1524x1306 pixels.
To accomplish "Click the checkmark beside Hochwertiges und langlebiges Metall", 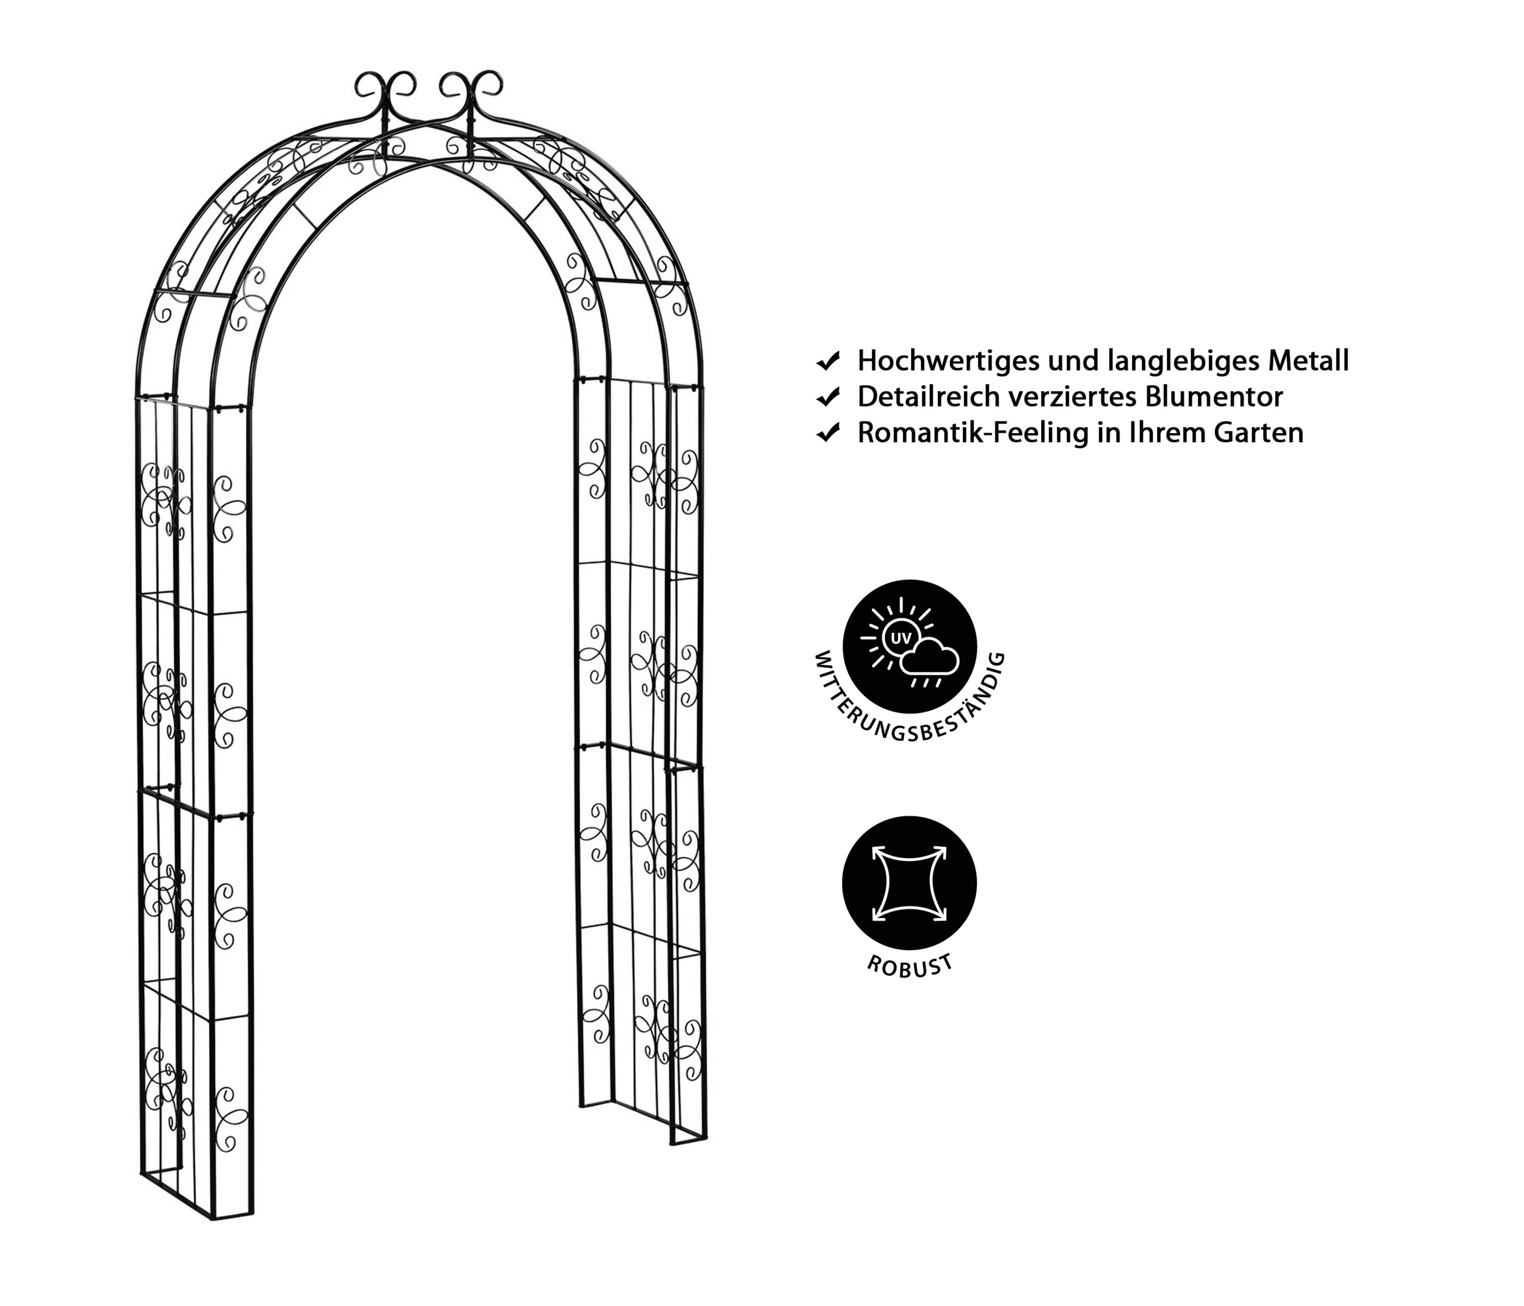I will pyautogui.click(x=828, y=362).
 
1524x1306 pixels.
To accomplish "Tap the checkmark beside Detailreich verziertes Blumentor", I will pyautogui.click(x=828, y=398).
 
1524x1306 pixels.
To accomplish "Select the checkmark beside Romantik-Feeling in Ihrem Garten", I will pyautogui.click(x=828, y=434).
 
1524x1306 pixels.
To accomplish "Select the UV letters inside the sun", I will pyautogui.click(x=900, y=638).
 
